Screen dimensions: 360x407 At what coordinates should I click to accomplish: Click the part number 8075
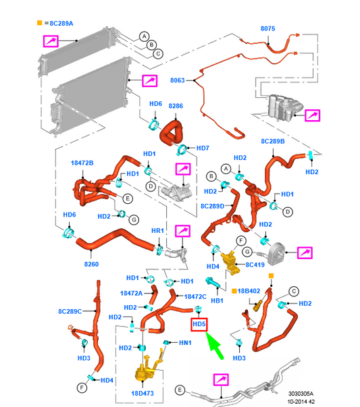pyautogui.click(x=267, y=28)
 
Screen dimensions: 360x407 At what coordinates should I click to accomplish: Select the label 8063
pyautogui.click(x=178, y=80)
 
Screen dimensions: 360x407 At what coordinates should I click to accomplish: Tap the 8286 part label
pyautogui.click(x=176, y=106)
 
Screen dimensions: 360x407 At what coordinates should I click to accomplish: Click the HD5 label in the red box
pyautogui.click(x=199, y=325)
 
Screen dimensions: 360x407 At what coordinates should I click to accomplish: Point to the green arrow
pyautogui.click(x=214, y=345)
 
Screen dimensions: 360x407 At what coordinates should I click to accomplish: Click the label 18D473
pyautogui.click(x=143, y=394)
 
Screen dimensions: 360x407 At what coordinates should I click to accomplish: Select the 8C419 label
pyautogui.click(x=255, y=265)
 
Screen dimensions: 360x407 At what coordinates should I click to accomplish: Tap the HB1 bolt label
pyautogui.click(x=217, y=300)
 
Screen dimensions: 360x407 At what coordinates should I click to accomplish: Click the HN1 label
pyautogui.click(x=185, y=343)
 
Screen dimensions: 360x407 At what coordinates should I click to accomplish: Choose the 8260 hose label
pyautogui.click(x=91, y=264)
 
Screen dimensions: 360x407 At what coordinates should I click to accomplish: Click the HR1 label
pyautogui.click(x=157, y=230)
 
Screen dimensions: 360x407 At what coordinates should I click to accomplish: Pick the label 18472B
pyautogui.click(x=82, y=163)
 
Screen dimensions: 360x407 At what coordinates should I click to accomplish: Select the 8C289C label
pyautogui.click(x=70, y=311)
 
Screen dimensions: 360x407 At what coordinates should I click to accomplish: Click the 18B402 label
pyautogui.click(x=249, y=291)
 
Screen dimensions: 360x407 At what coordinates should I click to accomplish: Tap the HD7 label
pyautogui.click(x=203, y=148)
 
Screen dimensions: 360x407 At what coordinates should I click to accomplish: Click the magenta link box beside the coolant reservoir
pyautogui.click(x=312, y=115)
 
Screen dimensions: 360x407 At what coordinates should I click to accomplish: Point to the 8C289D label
pyautogui.click(x=213, y=206)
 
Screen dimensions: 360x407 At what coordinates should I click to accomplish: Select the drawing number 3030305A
pyautogui.click(x=301, y=394)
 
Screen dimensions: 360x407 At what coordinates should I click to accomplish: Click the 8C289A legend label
pyautogui.click(x=61, y=24)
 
